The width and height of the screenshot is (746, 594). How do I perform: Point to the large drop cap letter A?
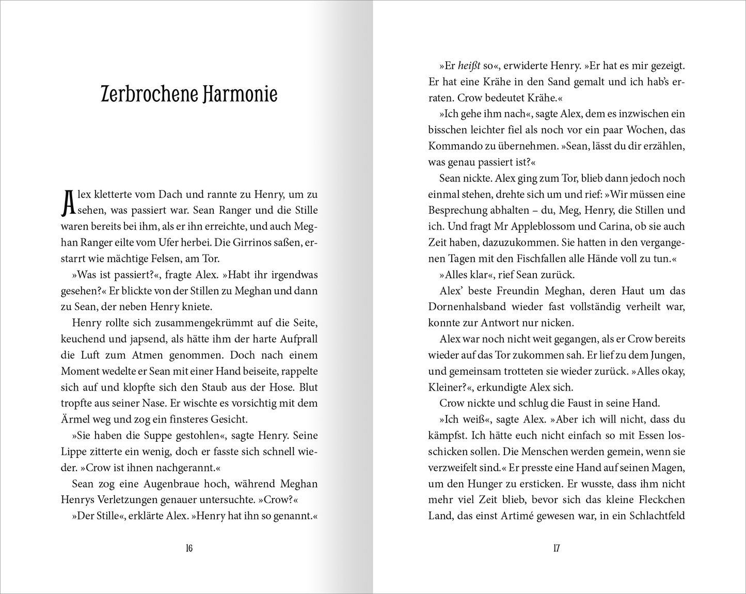67,203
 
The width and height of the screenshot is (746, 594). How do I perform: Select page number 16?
188,549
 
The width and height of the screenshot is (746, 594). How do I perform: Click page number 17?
556,549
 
